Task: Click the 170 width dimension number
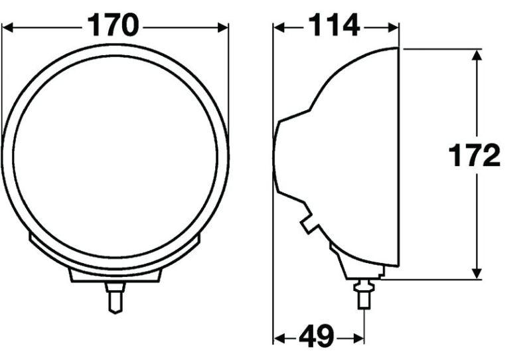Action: [x=113, y=25]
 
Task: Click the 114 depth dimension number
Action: [x=334, y=25]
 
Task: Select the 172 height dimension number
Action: [x=474, y=155]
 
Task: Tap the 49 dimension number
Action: [x=316, y=337]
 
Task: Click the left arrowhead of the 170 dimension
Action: [x=7, y=27]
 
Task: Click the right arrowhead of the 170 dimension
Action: [x=223, y=27]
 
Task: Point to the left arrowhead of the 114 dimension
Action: [x=279, y=27]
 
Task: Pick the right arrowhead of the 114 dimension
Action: [x=393, y=27]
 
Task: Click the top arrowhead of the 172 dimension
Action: [x=477, y=55]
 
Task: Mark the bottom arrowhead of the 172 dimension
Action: [x=477, y=274]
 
